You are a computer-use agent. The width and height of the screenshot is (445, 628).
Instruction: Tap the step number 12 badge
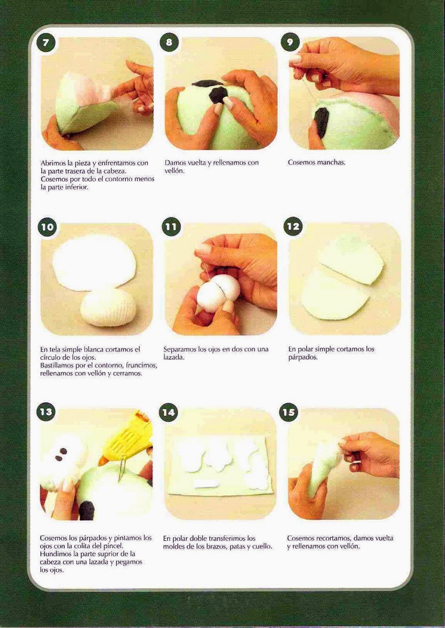point(294,226)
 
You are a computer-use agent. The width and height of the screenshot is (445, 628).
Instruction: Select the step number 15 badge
point(289,412)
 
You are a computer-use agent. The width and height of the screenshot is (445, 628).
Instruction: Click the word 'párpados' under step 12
point(303,357)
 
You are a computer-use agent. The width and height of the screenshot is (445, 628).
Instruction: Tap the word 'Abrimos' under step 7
point(54,163)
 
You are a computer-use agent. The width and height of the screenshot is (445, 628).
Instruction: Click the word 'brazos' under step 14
point(219,546)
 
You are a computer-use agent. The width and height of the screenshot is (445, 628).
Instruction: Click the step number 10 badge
point(47,227)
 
